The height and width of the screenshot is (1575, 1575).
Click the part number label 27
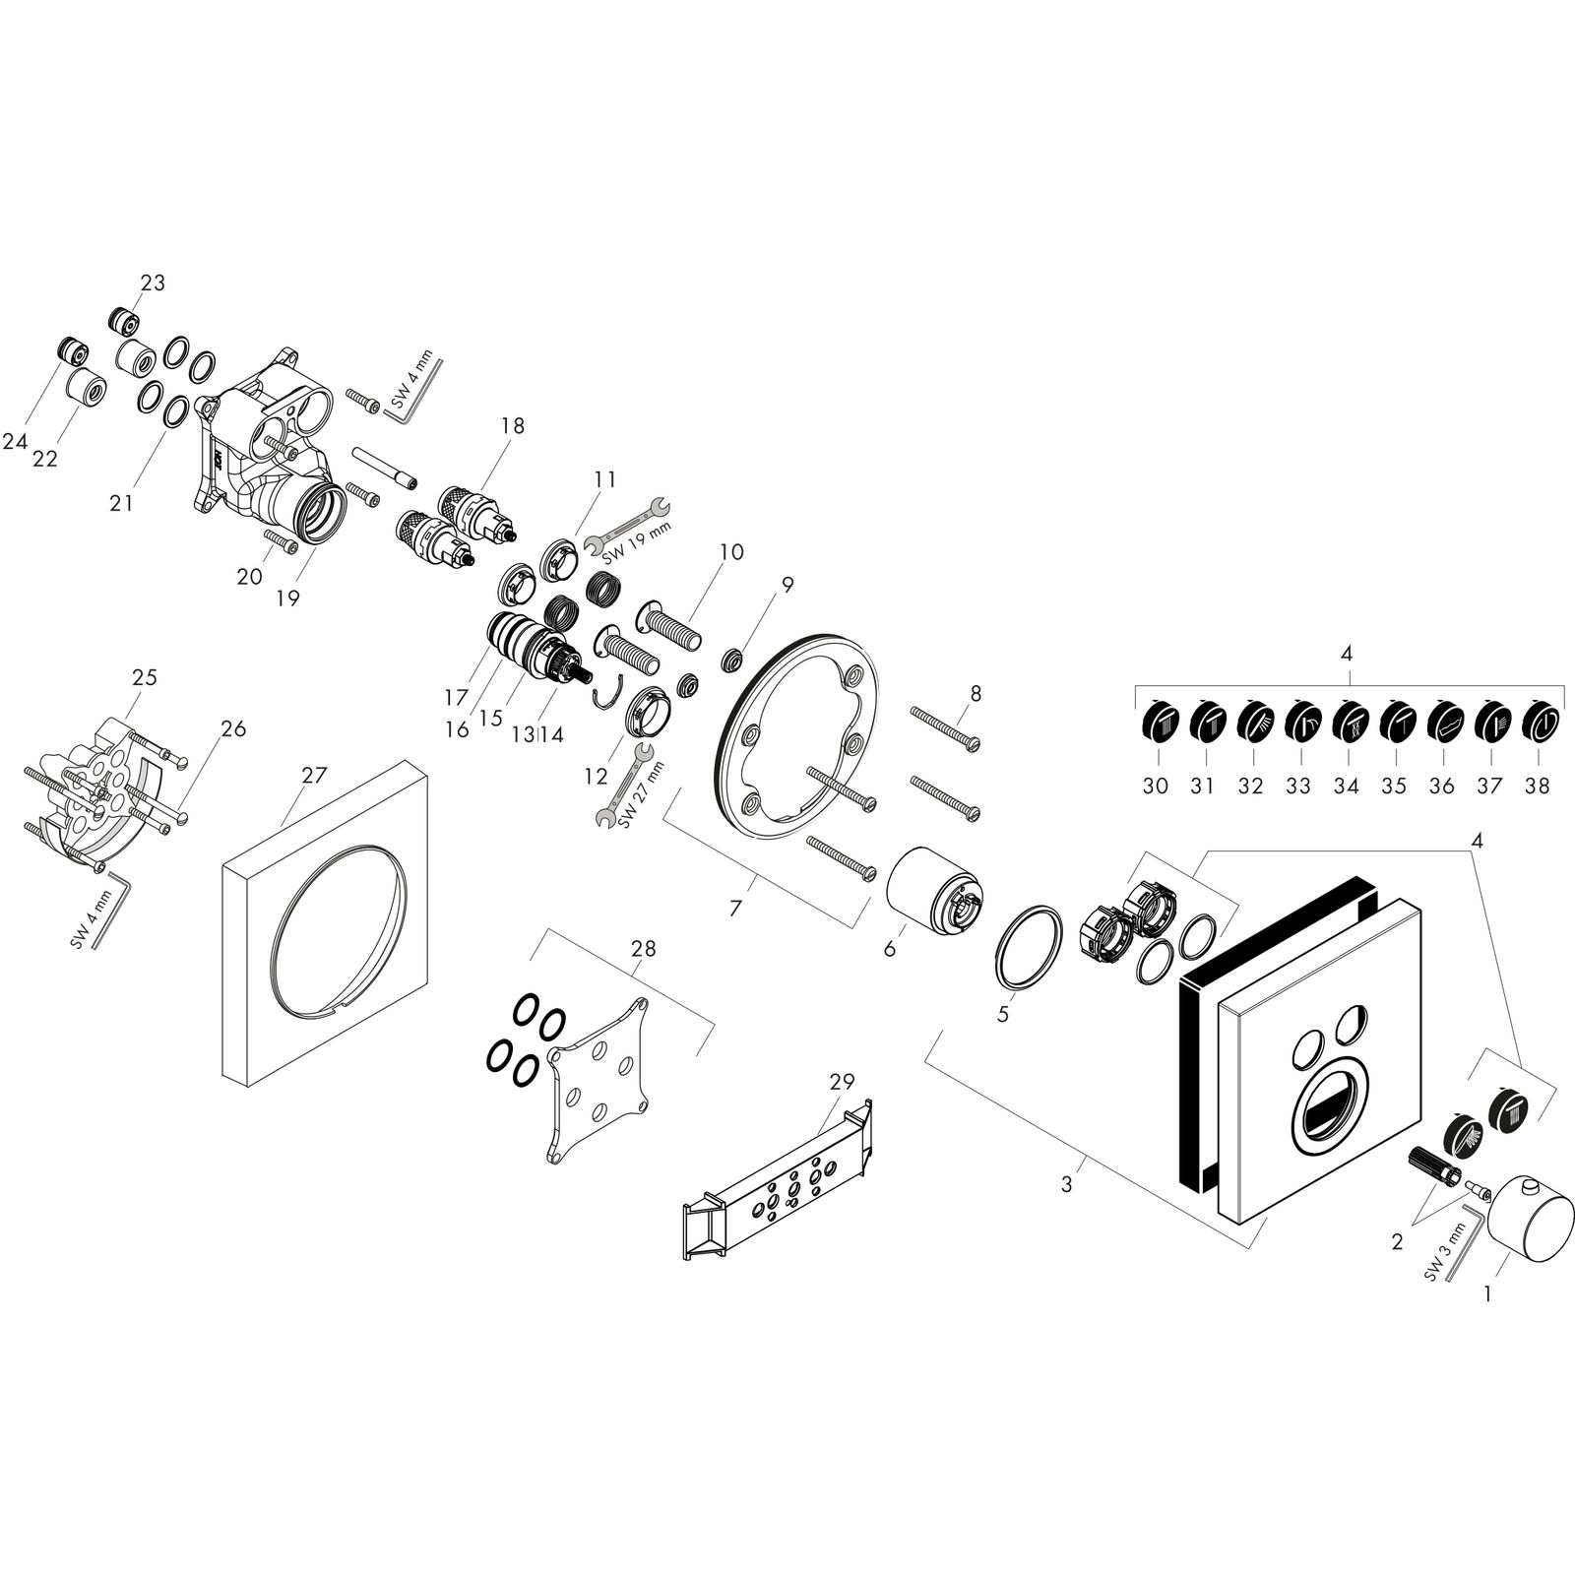314,776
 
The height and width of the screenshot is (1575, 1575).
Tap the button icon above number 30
1157,724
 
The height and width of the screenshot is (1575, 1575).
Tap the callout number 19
287,598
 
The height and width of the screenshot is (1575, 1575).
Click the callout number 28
644,949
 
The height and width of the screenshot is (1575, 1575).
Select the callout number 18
512,425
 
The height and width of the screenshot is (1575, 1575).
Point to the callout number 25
145,677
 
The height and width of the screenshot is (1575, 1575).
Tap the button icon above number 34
1347,724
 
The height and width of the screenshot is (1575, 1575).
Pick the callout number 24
15,442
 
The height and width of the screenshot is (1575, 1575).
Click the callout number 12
596,777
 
